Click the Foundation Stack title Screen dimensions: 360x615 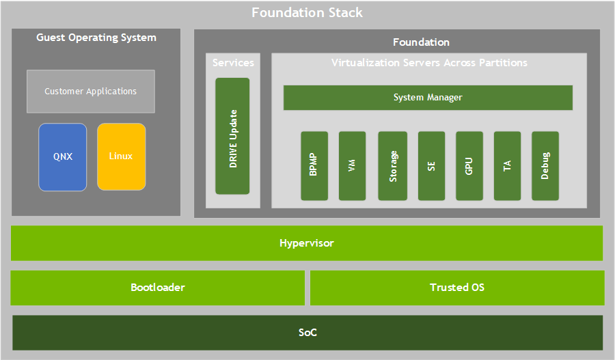point(307,13)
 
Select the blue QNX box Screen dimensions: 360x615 point(63,156)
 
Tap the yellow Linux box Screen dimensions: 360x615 point(121,156)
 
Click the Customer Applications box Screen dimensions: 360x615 point(91,91)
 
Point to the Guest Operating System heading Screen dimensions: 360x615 point(96,38)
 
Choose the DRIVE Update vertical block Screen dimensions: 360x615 point(232,136)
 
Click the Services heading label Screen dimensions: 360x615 point(233,63)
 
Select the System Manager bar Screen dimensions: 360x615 point(428,98)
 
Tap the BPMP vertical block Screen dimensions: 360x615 point(314,166)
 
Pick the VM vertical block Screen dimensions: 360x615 point(352,166)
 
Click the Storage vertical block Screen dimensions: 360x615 point(392,166)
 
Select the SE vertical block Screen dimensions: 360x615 point(431,166)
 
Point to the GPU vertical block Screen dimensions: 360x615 point(469,166)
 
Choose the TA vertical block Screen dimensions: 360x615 point(507,166)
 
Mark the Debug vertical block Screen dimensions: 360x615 point(545,166)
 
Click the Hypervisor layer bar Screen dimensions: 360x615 point(307,243)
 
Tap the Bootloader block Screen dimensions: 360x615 point(158,288)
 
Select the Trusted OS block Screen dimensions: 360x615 point(457,288)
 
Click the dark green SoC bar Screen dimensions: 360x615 point(307,333)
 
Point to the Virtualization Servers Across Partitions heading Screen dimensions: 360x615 point(429,63)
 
